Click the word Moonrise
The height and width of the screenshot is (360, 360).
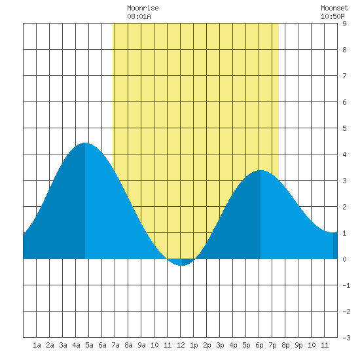pyautogui.click(x=143, y=8)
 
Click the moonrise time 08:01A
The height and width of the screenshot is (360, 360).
pyautogui.click(x=139, y=16)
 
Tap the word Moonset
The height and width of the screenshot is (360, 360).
pyautogui.click(x=334, y=8)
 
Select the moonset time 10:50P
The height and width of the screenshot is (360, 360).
pyautogui.click(x=333, y=16)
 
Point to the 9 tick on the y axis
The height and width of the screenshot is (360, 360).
pyautogui.click(x=344, y=24)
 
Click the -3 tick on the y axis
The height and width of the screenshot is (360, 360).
pyautogui.click(x=346, y=338)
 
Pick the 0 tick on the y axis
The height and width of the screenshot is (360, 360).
pyautogui.click(x=344, y=259)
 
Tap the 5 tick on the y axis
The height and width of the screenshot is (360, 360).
pyautogui.click(x=344, y=128)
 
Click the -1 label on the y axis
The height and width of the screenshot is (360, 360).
pyautogui.click(x=346, y=285)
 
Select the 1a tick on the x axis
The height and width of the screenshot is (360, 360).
pyautogui.click(x=37, y=345)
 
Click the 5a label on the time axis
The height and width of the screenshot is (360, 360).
pyautogui.click(x=89, y=345)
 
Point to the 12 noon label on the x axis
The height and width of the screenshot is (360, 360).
pyautogui.click(x=181, y=345)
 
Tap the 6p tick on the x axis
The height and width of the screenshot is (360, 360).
pyautogui.click(x=259, y=345)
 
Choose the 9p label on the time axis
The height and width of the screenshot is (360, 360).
pyautogui.click(x=298, y=345)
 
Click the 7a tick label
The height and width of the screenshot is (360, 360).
pyautogui.click(x=115, y=345)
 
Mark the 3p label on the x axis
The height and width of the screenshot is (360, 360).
pyautogui.click(x=220, y=345)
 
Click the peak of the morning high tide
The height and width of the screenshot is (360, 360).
pyautogui.click(x=85, y=143)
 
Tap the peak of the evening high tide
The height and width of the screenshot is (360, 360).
pyautogui.click(x=261, y=170)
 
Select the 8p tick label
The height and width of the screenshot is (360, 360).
pyautogui.click(x=285, y=345)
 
